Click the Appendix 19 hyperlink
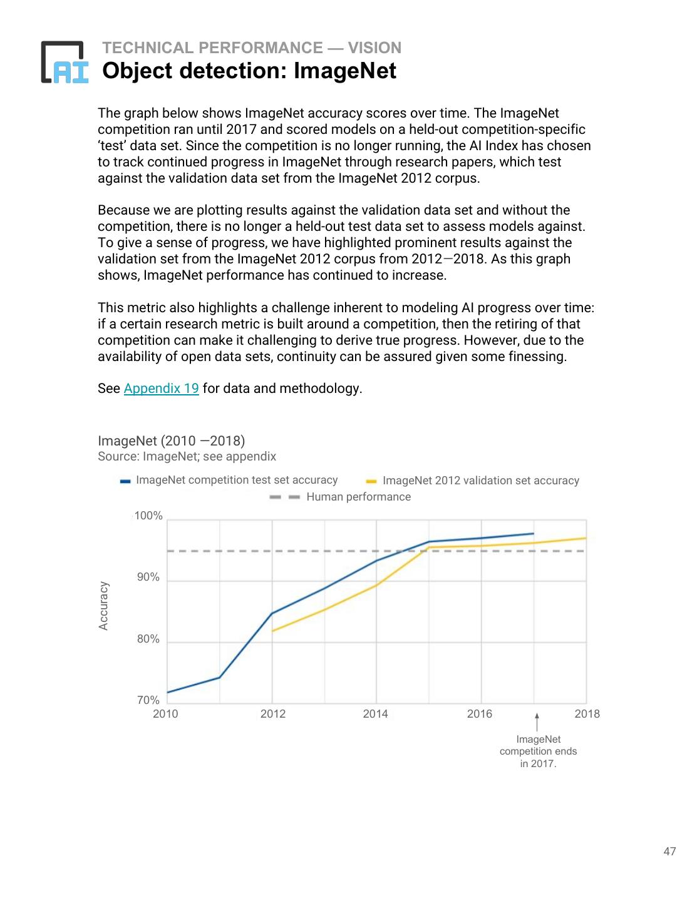[x=161, y=389]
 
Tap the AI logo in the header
[x=65, y=63]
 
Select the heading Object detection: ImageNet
[x=249, y=71]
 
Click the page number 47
[x=669, y=851]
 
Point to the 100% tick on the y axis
[x=148, y=516]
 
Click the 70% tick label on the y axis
[x=148, y=700]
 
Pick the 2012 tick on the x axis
[x=272, y=714]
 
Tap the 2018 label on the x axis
[x=587, y=714]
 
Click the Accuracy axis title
[x=104, y=606]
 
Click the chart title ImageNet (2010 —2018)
[x=171, y=440]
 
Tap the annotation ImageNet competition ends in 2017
[x=538, y=751]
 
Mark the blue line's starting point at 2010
[x=168, y=692]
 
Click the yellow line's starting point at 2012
[x=272, y=631]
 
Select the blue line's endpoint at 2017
[x=534, y=534]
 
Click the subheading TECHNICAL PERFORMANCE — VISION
[x=252, y=48]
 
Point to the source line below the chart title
[x=187, y=457]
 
